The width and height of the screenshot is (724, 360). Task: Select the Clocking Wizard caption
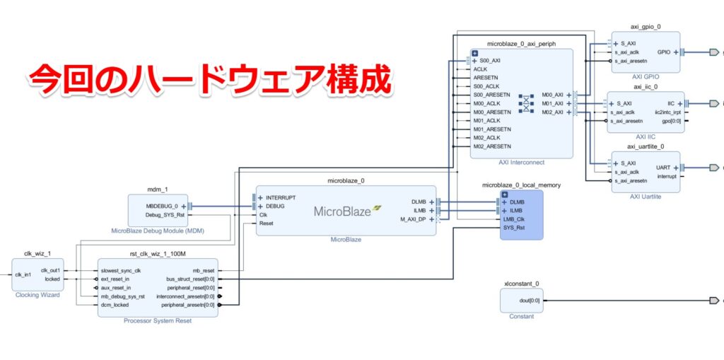[37, 295]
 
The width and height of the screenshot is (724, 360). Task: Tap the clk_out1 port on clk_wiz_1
[49, 270]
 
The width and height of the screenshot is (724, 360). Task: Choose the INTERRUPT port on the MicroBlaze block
[281, 197]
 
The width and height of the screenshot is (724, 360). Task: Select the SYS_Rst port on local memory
[514, 228]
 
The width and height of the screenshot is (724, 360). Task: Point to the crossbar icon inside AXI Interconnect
[526, 103]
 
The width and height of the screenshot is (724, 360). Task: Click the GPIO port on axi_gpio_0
[664, 52]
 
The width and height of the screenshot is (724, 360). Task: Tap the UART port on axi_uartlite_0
[662, 168]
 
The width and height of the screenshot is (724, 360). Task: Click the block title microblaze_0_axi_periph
[521, 44]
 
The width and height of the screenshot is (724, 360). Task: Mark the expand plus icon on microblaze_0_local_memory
[505, 194]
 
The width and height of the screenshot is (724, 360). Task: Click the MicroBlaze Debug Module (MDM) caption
[158, 231]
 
